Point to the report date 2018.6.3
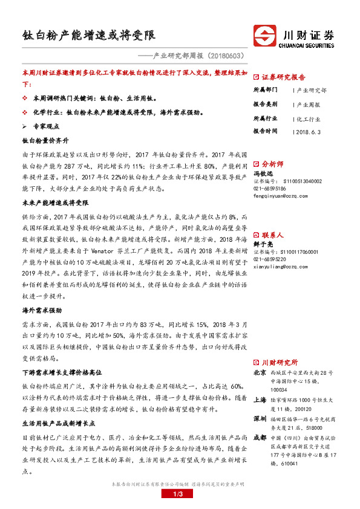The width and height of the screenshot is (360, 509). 312,131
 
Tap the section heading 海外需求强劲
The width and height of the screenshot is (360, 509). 42,310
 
